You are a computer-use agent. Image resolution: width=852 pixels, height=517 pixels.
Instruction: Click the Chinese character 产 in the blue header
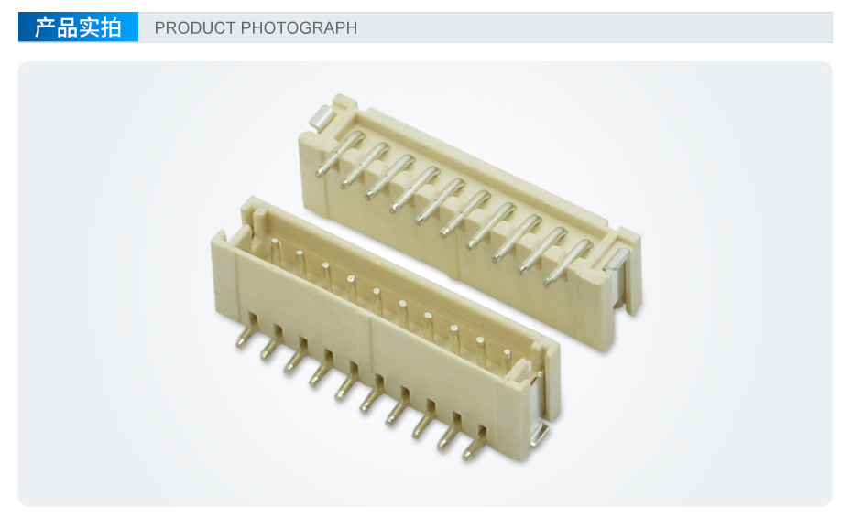pos(45,27)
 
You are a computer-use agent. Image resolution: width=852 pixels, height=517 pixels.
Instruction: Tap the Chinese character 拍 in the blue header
pos(110,27)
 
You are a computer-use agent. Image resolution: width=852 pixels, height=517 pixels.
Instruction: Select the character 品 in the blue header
pos(67,27)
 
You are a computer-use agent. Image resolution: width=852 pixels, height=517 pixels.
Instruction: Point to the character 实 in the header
pos(89,27)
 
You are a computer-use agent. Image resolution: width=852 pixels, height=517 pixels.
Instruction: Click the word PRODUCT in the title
pos(195,27)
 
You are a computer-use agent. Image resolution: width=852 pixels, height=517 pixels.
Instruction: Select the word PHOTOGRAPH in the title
pos(299,27)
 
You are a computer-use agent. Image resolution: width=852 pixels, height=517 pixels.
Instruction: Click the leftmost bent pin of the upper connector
pos(340,153)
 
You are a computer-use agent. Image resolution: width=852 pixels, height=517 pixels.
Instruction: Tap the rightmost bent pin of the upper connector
pos(568,262)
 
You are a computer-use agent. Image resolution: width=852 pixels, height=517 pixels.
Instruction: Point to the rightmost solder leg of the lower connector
pos(475,443)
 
